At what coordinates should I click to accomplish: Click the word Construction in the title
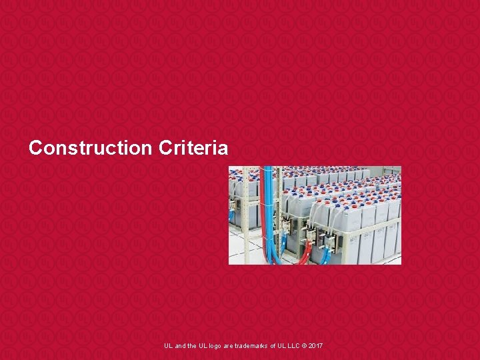[x=91, y=147]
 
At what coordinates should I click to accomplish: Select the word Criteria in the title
[x=193, y=147]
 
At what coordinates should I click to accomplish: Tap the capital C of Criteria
[x=165, y=147]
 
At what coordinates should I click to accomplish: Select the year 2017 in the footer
[x=315, y=345]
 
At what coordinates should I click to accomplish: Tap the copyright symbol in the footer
[x=303, y=345]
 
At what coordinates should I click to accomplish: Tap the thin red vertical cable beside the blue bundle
[x=262, y=207]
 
